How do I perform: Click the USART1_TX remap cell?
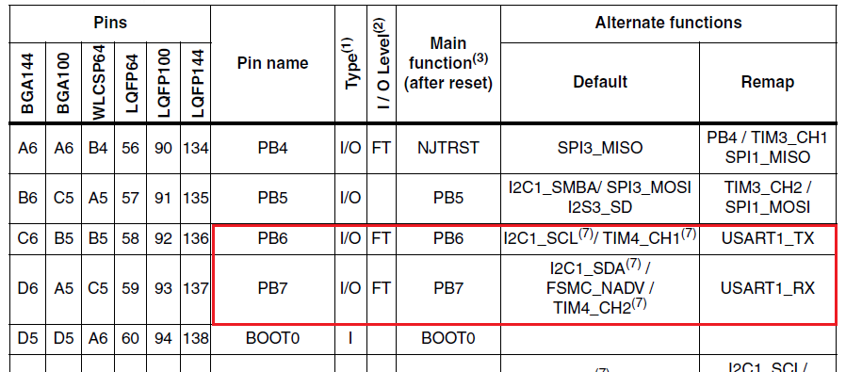[x=769, y=239]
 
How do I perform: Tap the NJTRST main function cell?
[x=447, y=147]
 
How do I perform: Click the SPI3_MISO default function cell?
[x=599, y=147]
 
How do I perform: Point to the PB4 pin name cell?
[x=273, y=147]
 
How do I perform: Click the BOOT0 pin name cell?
[x=273, y=337]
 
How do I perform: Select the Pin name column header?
[x=273, y=64]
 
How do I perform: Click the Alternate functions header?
[x=669, y=23]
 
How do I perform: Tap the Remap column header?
[x=769, y=82]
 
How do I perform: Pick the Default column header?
[x=599, y=82]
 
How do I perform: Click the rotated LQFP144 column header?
[x=196, y=83]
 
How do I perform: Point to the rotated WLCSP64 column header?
[x=97, y=83]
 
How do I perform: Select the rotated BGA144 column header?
[x=27, y=83]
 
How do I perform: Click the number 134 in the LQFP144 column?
[x=196, y=147]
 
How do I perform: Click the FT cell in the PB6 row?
[x=381, y=239]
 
